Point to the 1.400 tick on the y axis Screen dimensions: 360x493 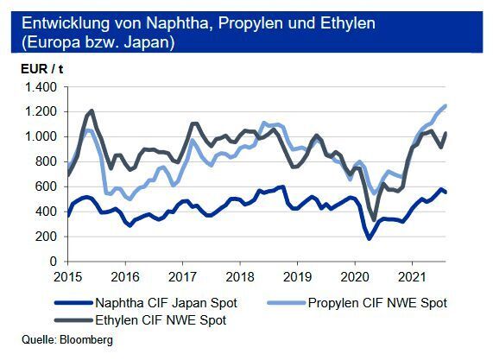41,87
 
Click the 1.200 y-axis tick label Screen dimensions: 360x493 41,112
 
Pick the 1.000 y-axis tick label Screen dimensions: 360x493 41,136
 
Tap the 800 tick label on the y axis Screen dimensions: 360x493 47,161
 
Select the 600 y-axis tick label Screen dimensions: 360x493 47,186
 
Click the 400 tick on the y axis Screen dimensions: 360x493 47,212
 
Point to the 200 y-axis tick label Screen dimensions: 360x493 47,236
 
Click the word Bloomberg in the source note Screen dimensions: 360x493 86,341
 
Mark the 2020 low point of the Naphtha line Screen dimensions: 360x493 370,237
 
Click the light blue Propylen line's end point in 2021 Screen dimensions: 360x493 469,105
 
